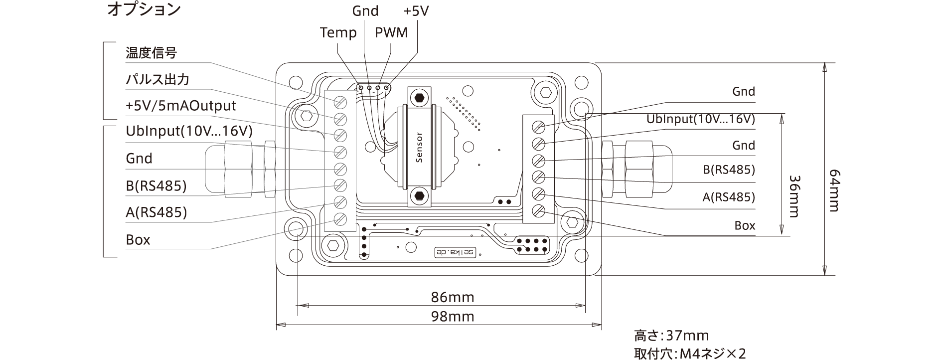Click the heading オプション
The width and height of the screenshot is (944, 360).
[144, 10]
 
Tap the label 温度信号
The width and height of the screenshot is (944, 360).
[151, 53]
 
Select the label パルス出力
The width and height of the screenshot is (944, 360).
[157, 80]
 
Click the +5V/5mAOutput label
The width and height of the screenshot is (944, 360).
[180, 106]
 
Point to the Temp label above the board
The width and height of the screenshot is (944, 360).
[338, 33]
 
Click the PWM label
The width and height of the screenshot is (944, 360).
[391, 33]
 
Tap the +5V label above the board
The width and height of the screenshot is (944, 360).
[416, 11]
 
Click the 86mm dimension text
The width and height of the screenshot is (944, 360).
[452, 298]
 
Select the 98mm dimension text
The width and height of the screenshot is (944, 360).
[452, 317]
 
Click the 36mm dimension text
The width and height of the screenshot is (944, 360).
[793, 196]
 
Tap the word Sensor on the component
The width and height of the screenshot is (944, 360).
[419, 148]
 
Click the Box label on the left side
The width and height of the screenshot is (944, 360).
[138, 240]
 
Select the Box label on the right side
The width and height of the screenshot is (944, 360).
[745, 226]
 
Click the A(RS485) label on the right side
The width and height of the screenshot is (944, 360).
[728, 197]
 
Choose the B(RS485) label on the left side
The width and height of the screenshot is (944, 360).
[156, 186]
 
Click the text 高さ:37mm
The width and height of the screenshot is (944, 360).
[671, 336]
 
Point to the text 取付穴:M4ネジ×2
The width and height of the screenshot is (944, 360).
[690, 354]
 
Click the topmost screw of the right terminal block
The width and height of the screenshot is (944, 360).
[538, 126]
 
